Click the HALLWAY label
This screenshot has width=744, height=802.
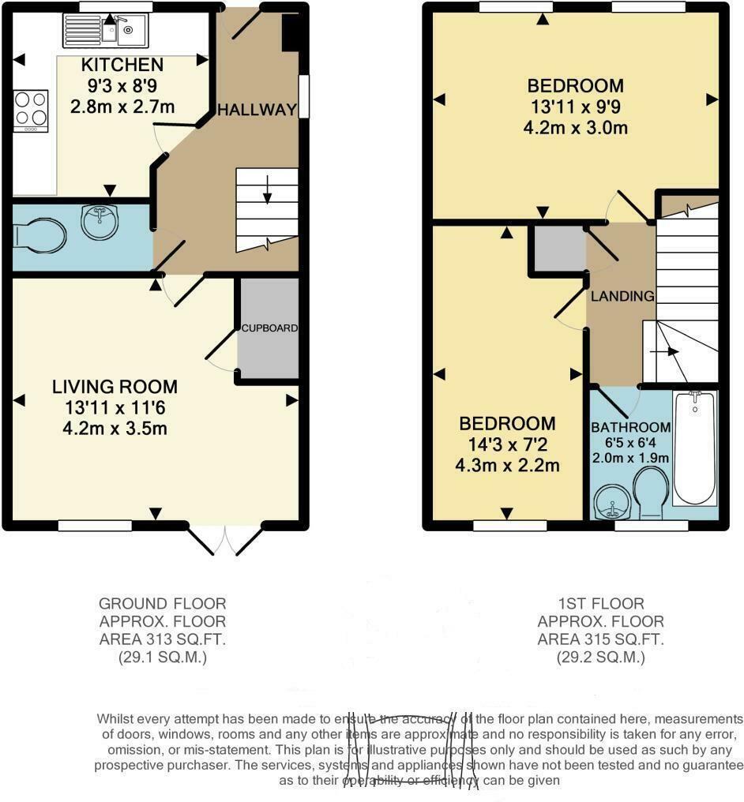pyautogui.click(x=257, y=109)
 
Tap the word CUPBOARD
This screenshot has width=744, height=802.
pyautogui.click(x=269, y=328)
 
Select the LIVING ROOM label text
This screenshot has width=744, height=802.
pyautogui.click(x=115, y=387)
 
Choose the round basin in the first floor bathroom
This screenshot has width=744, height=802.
pyautogui.click(x=613, y=498)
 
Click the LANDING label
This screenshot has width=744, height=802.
pyautogui.click(x=623, y=297)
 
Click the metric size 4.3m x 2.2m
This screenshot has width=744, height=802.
pyautogui.click(x=507, y=466)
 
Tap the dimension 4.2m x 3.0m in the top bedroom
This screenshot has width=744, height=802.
pyautogui.click(x=576, y=127)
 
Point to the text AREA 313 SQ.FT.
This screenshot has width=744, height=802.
pyautogui.click(x=162, y=639)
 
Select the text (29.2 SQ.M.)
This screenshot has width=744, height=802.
pyautogui.click(x=601, y=657)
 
